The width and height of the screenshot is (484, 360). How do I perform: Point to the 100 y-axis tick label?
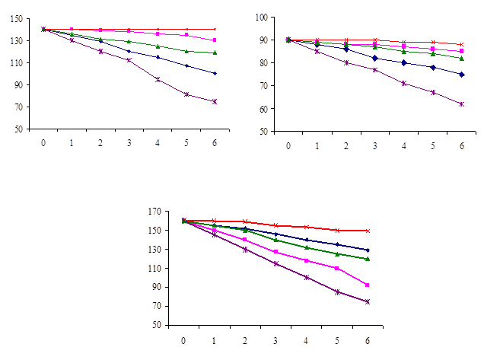coord(261,17)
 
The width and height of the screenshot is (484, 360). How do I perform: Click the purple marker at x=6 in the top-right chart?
coord(461,104)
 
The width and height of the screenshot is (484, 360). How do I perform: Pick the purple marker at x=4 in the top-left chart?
coord(158,79)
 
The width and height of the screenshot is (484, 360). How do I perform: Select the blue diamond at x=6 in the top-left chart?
coord(215,73)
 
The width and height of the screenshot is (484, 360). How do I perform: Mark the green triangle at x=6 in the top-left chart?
coord(215,53)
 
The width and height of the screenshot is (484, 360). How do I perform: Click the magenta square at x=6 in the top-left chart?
coord(215,40)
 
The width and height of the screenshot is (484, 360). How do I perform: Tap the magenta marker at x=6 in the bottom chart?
coord(367,285)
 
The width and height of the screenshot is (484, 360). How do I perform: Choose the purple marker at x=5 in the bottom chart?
coord(337,292)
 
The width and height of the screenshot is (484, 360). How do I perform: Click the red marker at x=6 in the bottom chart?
coord(367,231)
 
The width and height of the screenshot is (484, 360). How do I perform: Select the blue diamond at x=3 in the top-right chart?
coord(374,58)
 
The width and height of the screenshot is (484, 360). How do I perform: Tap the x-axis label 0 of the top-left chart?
coord(43,142)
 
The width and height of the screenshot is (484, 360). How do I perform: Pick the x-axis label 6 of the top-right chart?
coord(461,145)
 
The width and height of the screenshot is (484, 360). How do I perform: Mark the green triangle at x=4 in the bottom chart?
coord(307,247)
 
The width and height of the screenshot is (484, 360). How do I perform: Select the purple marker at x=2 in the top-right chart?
coord(345,62)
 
